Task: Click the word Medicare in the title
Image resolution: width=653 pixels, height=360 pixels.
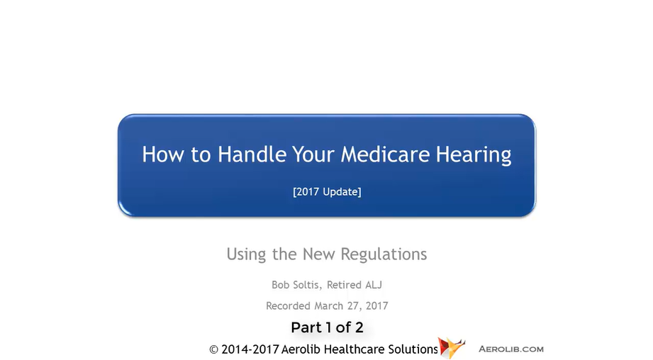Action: tap(385, 154)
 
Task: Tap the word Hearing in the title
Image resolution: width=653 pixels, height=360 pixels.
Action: tap(474, 155)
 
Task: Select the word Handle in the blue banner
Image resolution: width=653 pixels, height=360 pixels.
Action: tap(252, 154)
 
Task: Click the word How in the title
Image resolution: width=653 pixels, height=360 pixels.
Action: tap(163, 154)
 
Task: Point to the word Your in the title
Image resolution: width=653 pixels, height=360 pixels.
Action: tap(313, 154)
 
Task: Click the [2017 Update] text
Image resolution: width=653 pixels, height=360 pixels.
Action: tap(327, 192)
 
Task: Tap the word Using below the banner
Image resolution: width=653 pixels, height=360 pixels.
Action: tap(246, 254)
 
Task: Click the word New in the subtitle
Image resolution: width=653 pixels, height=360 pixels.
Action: tap(318, 254)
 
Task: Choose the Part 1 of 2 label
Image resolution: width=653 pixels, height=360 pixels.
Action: tap(327, 327)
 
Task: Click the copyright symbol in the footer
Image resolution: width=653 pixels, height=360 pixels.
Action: tap(213, 349)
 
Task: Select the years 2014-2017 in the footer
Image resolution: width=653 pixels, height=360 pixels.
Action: tap(250, 349)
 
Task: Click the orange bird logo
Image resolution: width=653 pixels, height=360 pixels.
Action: tap(452, 347)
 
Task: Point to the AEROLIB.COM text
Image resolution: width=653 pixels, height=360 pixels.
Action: tap(511, 349)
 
